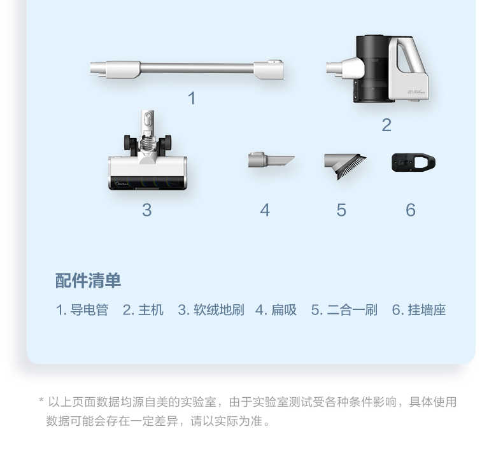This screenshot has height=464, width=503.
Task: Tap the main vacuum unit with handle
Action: pyautogui.click(x=382, y=69)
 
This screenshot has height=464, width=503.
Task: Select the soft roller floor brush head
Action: pyautogui.click(x=148, y=159)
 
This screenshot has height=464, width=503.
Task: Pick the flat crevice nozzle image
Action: pyautogui.click(x=270, y=160)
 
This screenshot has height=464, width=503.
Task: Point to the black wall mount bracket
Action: pyautogui.click(x=413, y=162)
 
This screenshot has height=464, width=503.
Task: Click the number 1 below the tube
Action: pyautogui.click(x=192, y=99)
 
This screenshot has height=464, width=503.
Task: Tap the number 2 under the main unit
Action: pyautogui.click(x=386, y=125)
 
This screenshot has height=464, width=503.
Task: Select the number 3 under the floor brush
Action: pyautogui.click(x=146, y=210)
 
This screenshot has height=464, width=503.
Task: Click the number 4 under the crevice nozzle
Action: pyautogui.click(x=265, y=210)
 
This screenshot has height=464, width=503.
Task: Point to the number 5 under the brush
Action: pyautogui.click(x=341, y=210)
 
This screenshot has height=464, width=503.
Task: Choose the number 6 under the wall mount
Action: pyautogui.click(x=411, y=210)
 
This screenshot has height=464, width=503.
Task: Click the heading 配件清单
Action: pyautogui.click(x=88, y=281)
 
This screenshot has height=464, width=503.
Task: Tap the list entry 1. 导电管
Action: pyautogui.click(x=82, y=310)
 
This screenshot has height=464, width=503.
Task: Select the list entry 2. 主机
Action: pyautogui.click(x=143, y=310)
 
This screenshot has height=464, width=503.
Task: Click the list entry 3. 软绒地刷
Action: pyautogui.click(x=211, y=310)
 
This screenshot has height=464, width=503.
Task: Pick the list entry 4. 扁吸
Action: pyautogui.click(x=276, y=310)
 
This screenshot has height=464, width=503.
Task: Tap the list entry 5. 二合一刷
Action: pyautogui.click(x=344, y=310)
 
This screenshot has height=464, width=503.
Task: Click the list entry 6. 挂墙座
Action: pyautogui.click(x=419, y=310)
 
